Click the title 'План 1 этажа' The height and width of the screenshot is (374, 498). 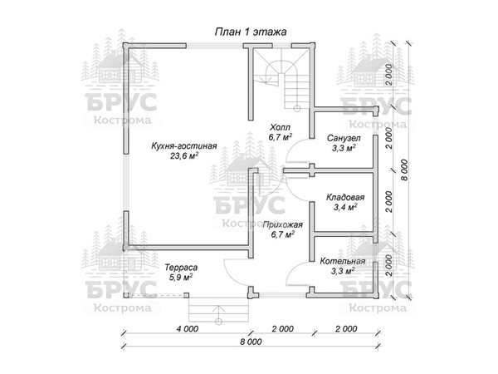pos(251,32)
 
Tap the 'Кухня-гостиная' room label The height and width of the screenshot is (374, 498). pos(184,146)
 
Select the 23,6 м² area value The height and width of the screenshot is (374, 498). pos(184,156)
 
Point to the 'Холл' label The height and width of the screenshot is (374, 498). pos(280,127)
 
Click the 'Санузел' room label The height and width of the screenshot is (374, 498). pos(344,138)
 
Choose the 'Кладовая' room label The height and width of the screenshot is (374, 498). pos(345,198)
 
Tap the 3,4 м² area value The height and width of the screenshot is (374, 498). pos(345,207)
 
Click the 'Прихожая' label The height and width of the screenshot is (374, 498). pos(283,225)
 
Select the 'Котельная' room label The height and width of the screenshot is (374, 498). pos(342,262)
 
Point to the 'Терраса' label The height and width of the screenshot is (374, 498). pos(181,268)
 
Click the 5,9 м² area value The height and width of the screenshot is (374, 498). pos(181,278)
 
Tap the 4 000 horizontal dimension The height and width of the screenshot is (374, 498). pos(188,328)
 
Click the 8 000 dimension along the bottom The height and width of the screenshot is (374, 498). pos(251,342)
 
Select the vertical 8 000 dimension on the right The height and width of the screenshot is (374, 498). pos(404,170)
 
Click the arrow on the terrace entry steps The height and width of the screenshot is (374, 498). pos(218,312)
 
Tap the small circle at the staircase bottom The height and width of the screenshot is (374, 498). pos(297,109)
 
